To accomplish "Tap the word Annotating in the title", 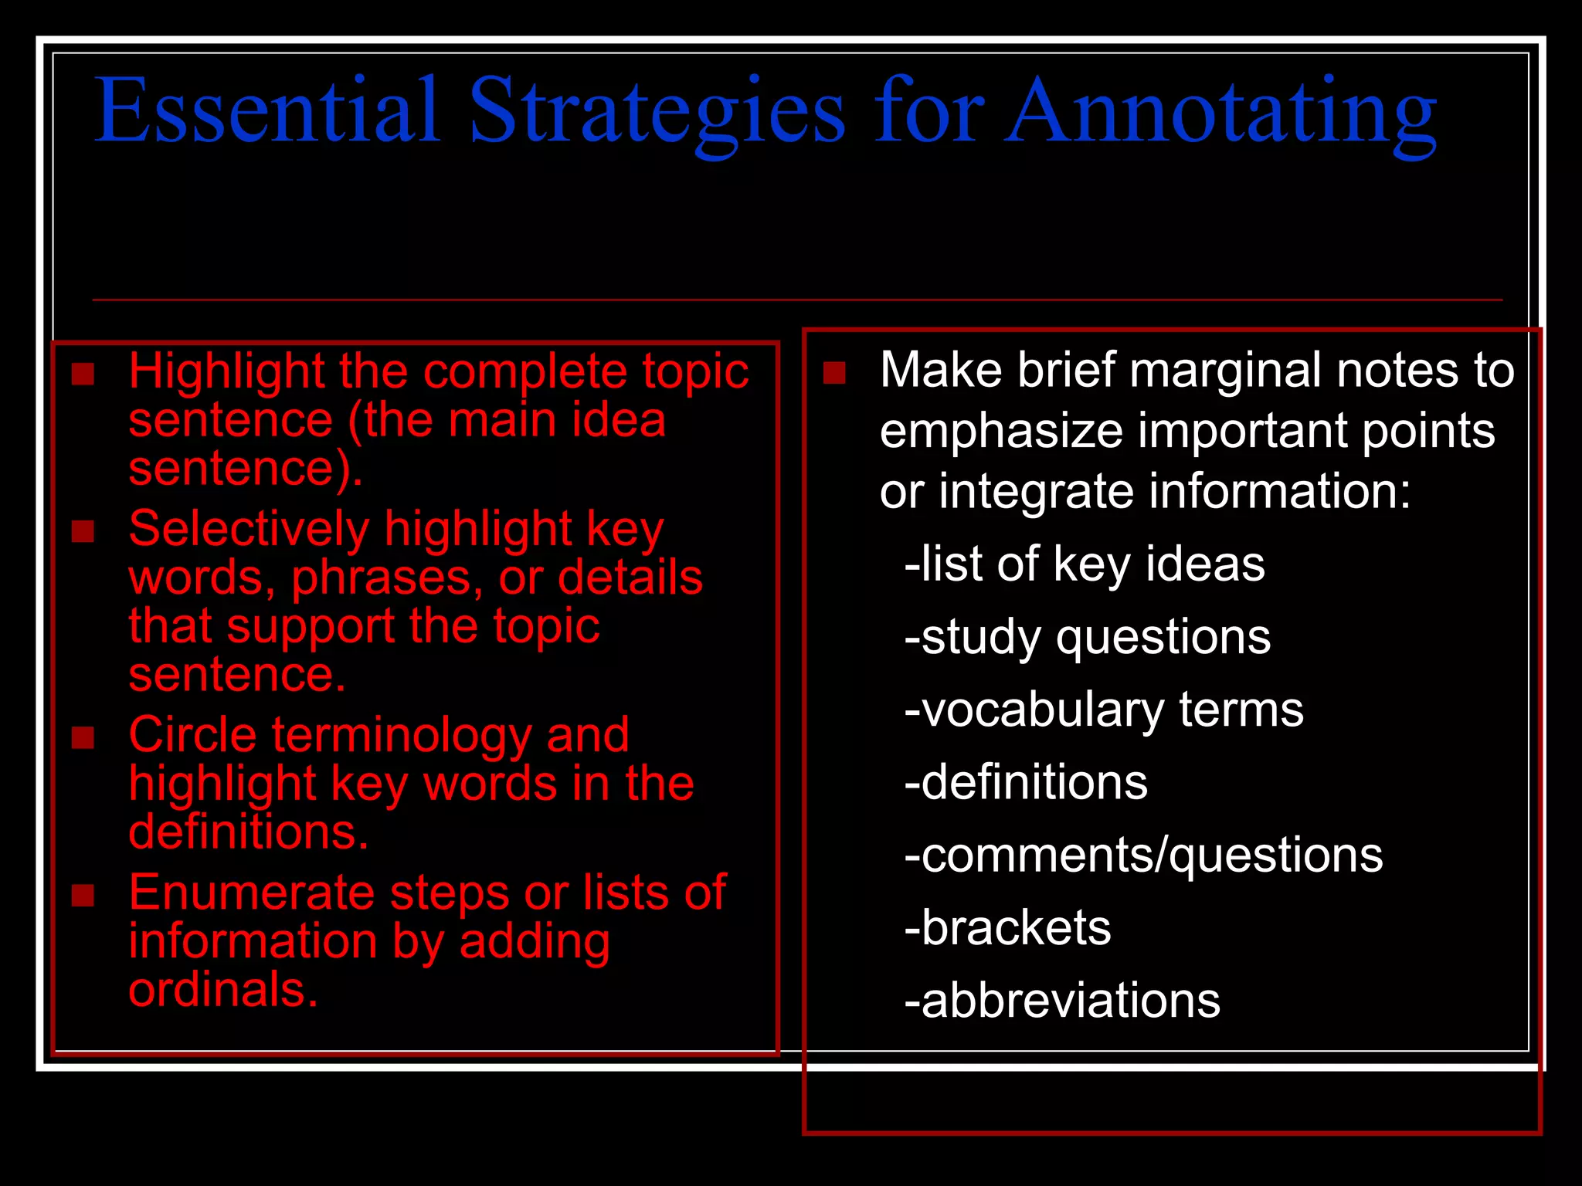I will (1220, 112).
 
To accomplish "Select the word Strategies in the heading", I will (657, 112).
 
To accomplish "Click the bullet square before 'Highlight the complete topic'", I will (83, 374).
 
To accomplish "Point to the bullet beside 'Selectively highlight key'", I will (83, 531).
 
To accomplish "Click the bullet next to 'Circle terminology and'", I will (83, 737).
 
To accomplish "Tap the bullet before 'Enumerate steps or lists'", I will (83, 895).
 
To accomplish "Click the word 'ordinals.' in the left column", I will (223, 989).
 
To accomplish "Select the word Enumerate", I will (251, 893).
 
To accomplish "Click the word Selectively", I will (249, 530).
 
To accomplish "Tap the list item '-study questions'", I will (1087, 638).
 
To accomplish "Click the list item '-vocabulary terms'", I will (1103, 710).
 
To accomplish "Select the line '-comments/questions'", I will (1143, 856).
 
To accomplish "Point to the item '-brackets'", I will (1007, 928).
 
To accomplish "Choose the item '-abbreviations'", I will (1062, 1001).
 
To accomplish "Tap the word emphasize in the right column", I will (1001, 431).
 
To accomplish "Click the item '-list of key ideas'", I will (1085, 564).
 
